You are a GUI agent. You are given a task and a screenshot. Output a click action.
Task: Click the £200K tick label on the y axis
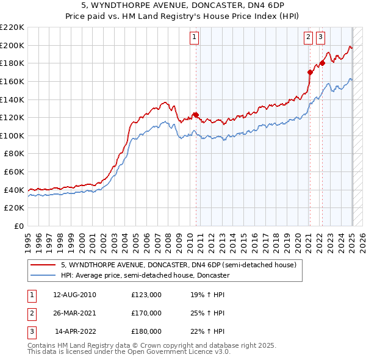[13, 45]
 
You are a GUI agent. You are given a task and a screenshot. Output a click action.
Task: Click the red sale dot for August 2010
[196, 114]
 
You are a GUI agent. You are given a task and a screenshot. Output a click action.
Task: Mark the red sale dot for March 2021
[310, 72]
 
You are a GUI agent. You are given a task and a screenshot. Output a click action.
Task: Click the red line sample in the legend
[43, 265]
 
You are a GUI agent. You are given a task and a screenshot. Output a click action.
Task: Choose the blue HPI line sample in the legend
[43, 275]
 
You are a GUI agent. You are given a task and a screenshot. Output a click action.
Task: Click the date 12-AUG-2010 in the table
[74, 295]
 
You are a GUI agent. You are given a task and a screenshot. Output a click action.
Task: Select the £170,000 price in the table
[146, 313]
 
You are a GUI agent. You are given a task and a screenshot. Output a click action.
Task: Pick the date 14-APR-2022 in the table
[75, 331]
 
